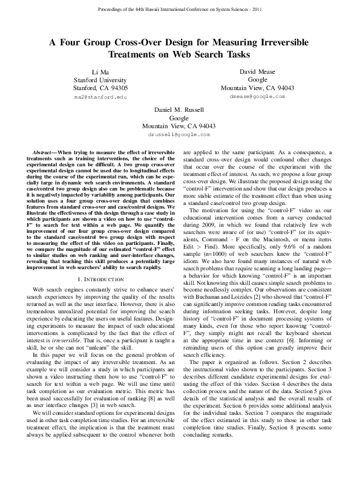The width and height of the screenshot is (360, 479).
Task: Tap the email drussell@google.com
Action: (180, 134)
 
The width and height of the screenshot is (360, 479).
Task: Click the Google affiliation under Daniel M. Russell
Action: (180, 118)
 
